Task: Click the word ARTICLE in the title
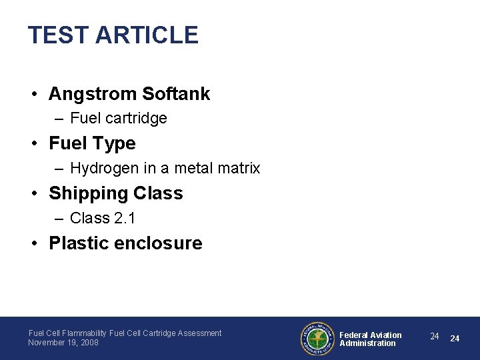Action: coord(147,35)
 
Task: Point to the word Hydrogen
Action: coord(100,168)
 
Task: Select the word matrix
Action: coord(238,168)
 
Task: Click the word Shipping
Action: coord(88,193)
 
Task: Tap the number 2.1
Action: coord(125,218)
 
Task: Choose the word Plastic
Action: coord(79,243)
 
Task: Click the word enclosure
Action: coord(159,243)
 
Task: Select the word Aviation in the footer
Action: coord(386,335)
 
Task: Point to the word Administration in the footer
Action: coord(367,343)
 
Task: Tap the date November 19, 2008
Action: coord(63,343)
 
